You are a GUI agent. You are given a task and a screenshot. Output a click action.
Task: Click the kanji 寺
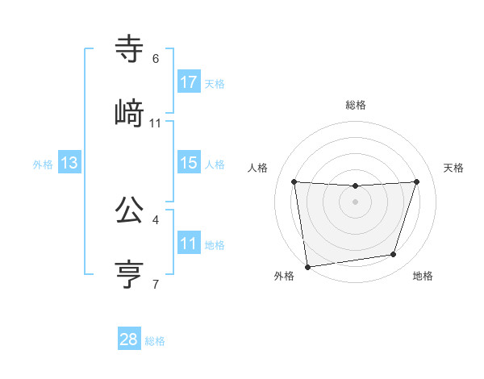tap(129, 49)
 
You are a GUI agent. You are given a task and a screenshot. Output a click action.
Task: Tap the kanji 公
tap(129, 210)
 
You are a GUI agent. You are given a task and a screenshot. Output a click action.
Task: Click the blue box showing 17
tap(189, 81)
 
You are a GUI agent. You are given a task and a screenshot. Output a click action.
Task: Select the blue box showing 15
tap(189, 163)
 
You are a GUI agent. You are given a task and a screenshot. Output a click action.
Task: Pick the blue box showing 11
tap(189, 243)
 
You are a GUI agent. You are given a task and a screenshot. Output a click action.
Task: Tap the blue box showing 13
tap(69, 163)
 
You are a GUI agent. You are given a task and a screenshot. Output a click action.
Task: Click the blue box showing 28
tap(129, 339)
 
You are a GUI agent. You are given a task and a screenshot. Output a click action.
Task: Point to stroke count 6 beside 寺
tap(156, 59)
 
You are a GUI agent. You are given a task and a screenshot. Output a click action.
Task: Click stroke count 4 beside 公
tap(156, 219)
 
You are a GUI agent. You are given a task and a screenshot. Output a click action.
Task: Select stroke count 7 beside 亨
tap(156, 284)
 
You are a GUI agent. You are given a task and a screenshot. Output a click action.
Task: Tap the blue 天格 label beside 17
tap(215, 84)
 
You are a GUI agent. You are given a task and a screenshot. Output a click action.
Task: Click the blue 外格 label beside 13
tap(43, 165)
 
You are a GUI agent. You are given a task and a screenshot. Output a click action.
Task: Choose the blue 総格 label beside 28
tap(155, 341)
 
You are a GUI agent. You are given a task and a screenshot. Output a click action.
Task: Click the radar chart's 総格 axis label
tap(356, 105)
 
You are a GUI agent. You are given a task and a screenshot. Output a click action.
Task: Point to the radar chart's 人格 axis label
tap(259, 168)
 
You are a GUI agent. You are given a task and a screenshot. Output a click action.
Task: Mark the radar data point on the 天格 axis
tap(417, 181)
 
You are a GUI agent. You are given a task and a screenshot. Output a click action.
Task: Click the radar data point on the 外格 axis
tap(307, 266)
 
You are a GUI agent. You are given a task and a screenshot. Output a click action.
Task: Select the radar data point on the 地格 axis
tap(394, 255)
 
